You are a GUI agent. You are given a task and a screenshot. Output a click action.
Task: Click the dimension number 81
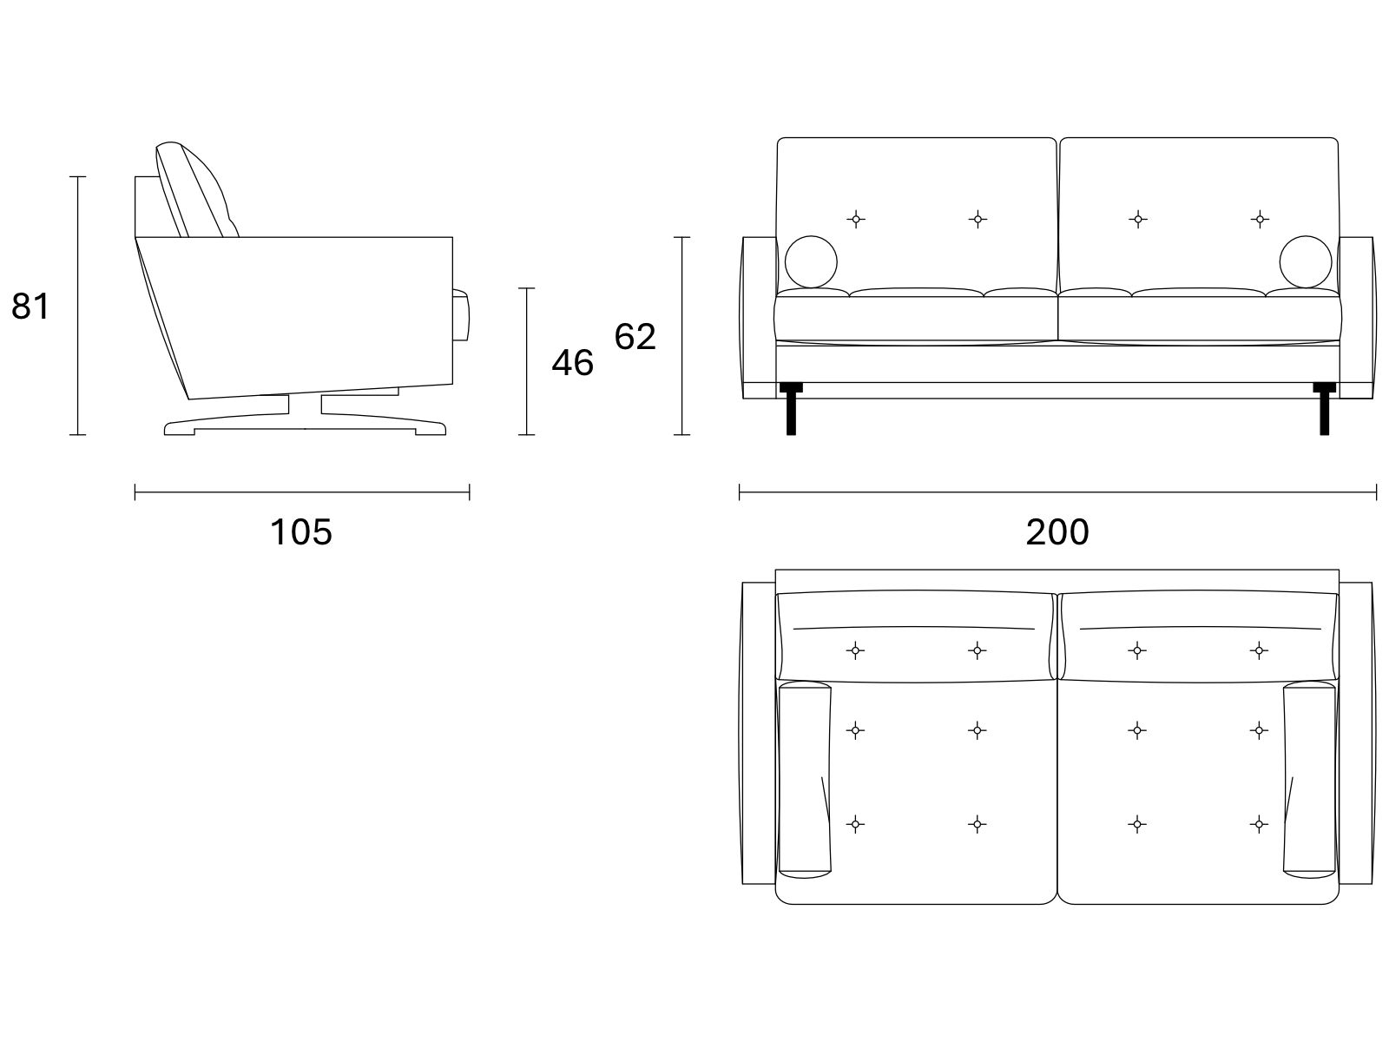point(30,307)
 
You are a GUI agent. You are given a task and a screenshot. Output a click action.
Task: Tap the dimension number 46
point(572,362)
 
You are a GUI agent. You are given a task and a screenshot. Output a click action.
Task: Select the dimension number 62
point(635,336)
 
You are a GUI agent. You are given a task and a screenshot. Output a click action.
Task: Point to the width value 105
point(300,532)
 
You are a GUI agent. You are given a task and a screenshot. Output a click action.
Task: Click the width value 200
point(1057,532)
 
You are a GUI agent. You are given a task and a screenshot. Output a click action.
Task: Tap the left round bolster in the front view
point(811,262)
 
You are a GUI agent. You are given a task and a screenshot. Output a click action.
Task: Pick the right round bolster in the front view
point(1305,262)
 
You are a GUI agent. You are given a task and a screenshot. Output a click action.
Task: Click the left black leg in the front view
point(791,408)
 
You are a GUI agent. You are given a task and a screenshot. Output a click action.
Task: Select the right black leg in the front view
point(1325,408)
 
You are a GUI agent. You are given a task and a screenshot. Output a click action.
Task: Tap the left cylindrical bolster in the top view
point(804,780)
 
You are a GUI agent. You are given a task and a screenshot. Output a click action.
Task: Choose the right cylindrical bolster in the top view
point(1310,780)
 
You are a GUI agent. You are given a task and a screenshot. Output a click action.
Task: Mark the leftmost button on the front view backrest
point(856,220)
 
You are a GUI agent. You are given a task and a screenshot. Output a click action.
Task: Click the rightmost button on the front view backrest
point(1260,220)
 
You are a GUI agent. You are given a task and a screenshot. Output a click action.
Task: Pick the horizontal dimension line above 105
point(302,492)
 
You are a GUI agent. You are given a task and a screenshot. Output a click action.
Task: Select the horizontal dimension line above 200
point(1057,492)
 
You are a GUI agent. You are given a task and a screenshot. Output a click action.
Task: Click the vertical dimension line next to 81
point(77,306)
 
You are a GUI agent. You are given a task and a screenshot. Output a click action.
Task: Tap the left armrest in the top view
point(758,733)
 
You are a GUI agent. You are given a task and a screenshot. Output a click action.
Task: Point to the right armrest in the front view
point(1357,318)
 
